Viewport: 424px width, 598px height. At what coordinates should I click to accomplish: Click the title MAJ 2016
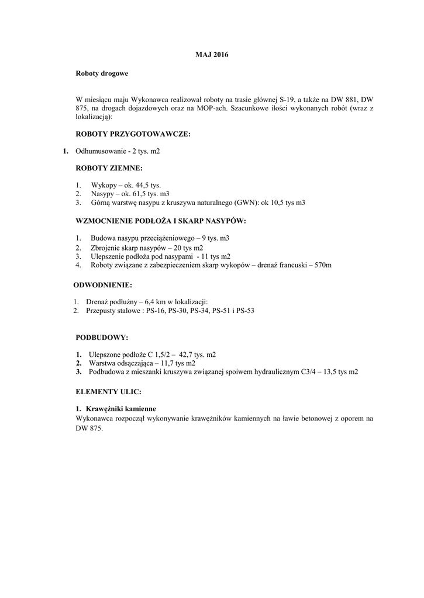[x=212, y=55]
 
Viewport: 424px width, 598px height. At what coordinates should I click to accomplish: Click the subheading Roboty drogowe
[x=102, y=75]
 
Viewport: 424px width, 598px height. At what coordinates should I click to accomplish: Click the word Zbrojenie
[x=106, y=248]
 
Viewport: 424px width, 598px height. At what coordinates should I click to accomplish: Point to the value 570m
[x=322, y=265]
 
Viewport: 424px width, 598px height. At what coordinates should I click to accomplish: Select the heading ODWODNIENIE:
[x=102, y=285]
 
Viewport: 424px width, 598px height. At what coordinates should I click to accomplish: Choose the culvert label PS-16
[x=155, y=311]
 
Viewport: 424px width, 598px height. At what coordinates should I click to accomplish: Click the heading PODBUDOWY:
[x=102, y=338]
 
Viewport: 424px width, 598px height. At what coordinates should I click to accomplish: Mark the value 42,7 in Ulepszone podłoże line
[x=185, y=354]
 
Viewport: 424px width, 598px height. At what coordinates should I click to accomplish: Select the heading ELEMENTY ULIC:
[x=109, y=391]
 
